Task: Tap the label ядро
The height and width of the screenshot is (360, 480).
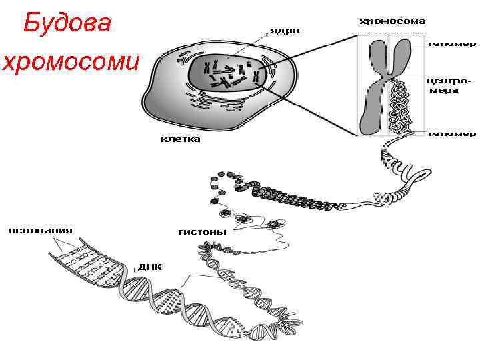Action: coord(284,31)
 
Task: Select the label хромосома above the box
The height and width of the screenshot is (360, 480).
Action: coord(393,21)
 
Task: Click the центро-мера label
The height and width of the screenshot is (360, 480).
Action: coord(447,85)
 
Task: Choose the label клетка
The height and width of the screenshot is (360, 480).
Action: coord(180,140)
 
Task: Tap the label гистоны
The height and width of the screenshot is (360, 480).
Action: coord(202,232)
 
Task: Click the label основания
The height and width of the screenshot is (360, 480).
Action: coord(41,231)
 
